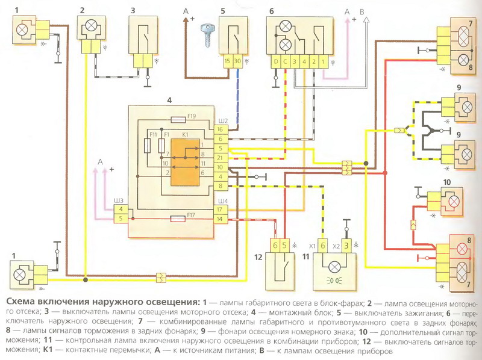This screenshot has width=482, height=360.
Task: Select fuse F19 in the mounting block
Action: coord(178,120)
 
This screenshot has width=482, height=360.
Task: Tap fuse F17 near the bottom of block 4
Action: coord(178,219)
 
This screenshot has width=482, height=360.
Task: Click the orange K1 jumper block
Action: coord(185,162)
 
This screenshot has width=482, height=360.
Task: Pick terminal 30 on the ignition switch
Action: coord(237,61)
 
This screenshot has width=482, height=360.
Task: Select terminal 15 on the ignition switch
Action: coord(227,61)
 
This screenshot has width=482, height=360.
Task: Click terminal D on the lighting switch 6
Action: coord(276,61)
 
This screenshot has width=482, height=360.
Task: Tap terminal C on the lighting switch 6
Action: coord(285,61)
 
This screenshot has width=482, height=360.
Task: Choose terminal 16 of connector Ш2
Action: coord(220,129)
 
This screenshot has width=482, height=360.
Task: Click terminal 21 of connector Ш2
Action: coord(220,158)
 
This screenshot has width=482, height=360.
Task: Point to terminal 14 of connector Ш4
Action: coord(221,219)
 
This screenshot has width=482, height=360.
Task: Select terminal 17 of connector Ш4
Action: coord(221,209)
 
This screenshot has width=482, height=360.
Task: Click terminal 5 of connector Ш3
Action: coord(121,219)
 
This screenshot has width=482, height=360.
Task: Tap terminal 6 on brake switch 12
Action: coord(275,246)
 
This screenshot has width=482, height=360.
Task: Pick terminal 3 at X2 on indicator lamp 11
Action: coord(346,246)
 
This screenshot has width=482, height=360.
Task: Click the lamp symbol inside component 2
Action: coord(91,25)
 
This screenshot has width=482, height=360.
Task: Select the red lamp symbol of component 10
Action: coord(454,202)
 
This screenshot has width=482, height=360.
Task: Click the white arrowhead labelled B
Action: coord(366,20)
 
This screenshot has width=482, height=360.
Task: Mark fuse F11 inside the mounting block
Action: coord(147,146)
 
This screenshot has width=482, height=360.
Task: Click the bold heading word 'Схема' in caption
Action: coord(20,302)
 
